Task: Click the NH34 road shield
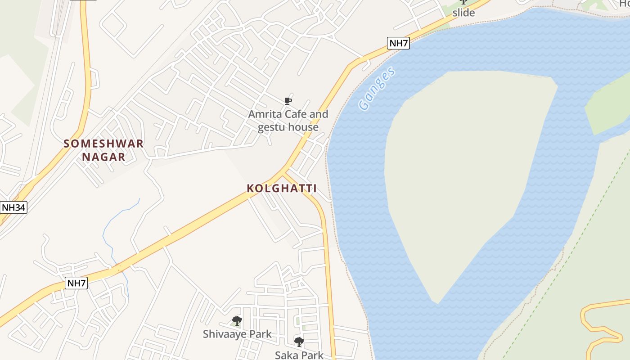(x=14, y=207)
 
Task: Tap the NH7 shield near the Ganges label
(x=398, y=43)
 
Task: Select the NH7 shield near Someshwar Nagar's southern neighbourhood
(x=76, y=283)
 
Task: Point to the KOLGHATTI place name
(x=282, y=189)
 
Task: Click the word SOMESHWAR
(x=103, y=144)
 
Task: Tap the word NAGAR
(x=103, y=157)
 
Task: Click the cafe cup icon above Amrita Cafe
(x=288, y=101)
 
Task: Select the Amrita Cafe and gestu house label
(x=288, y=121)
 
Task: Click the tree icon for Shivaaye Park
(x=237, y=321)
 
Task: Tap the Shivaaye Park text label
(x=237, y=334)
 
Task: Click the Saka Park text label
(x=299, y=355)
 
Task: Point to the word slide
(x=463, y=13)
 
